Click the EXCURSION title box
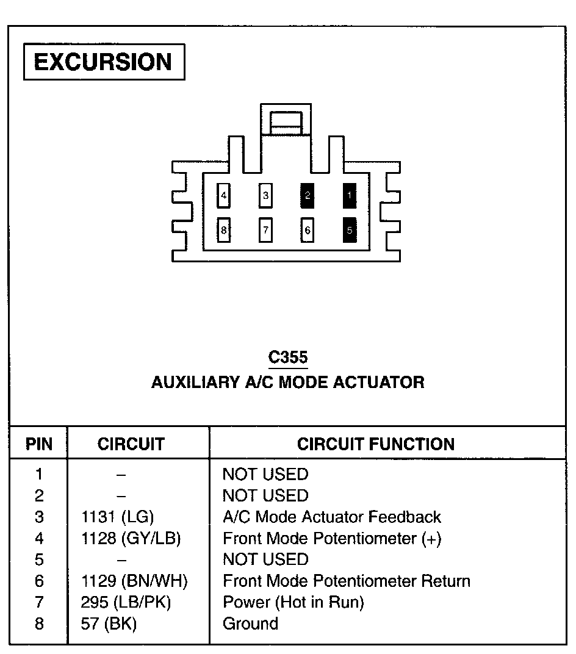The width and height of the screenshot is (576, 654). coord(104,62)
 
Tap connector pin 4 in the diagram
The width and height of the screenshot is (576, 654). coord(225,196)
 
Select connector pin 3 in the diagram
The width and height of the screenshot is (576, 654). coord(266,196)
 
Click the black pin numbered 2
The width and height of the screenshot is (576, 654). coord(308,196)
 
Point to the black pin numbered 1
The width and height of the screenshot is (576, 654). coord(350,196)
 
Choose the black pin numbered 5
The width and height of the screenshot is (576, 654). coord(350,230)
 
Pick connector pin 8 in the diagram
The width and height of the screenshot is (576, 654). coord(225,230)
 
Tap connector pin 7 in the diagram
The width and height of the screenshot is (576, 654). coord(266,230)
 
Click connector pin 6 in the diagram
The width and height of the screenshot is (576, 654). coord(308,230)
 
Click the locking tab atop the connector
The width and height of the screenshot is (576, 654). coord(286,121)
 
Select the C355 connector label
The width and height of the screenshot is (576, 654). coord(288,358)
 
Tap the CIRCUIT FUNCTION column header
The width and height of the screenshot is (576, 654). coord(376,444)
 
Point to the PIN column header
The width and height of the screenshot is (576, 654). coord(39,444)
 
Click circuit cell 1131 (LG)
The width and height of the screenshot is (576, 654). coord(118,517)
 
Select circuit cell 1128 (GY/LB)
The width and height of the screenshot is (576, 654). coord(131,539)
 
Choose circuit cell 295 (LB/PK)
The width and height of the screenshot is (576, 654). coord(126,603)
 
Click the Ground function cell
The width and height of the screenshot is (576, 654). coord(251,623)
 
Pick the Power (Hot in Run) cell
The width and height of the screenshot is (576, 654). coord(293,603)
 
